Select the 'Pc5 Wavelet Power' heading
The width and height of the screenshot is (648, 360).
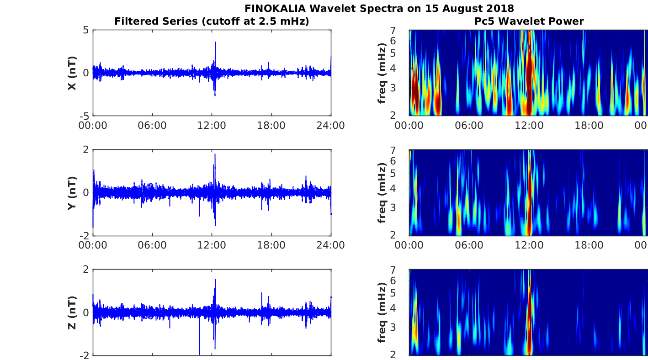pos(529,21)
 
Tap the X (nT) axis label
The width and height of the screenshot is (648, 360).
pos(72,73)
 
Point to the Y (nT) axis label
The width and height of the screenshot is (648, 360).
pos(72,193)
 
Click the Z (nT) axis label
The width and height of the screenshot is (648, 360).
pos(72,312)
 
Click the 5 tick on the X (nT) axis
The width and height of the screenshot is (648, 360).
pos(85,31)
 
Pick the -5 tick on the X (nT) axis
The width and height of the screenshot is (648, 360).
pos(83,116)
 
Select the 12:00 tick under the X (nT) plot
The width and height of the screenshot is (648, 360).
pos(212,126)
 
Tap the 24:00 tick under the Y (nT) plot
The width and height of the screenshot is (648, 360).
pos(330,245)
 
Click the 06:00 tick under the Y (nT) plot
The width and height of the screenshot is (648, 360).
pos(152,245)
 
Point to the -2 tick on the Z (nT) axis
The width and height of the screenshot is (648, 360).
pos(83,355)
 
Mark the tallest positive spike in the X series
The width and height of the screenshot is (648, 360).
pos(215,42)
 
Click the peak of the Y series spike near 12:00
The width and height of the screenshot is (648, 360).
pos(215,154)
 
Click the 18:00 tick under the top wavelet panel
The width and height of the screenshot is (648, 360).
pos(589,126)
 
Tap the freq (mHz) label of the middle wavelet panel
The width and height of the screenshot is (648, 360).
pos(382,193)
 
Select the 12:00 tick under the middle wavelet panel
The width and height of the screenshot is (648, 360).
pos(529,245)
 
